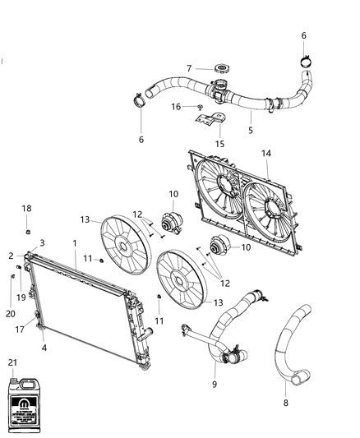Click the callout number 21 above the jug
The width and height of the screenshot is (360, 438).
tap(12, 362)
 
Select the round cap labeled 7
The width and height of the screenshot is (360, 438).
tap(220, 68)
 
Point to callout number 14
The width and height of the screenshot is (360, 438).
tap(265, 153)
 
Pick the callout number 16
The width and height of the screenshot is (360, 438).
tap(176, 106)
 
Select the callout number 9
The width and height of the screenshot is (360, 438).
tap(214, 384)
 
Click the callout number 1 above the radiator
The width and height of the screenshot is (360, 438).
tap(74, 243)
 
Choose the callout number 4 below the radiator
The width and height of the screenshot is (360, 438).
tap(44, 347)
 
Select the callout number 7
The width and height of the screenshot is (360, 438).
tap(188, 68)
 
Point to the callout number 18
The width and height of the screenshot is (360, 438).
tap(26, 209)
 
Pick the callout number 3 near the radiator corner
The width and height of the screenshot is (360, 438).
tap(42, 243)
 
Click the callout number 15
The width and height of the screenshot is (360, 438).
tap(219, 144)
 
